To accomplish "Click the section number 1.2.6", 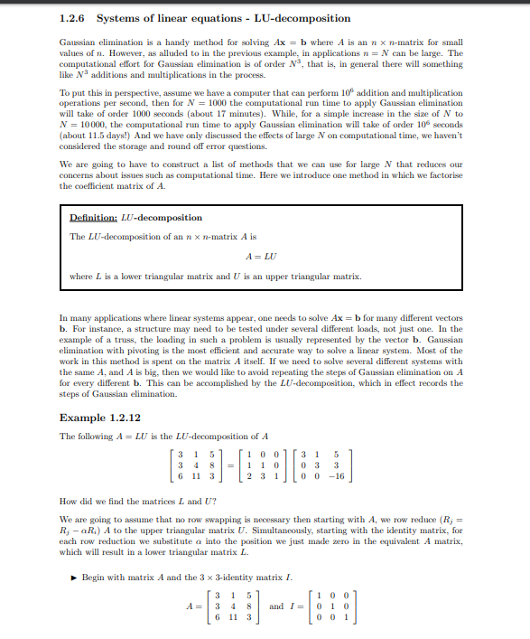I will pos(72,18).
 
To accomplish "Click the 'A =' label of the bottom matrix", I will pos(191,606).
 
